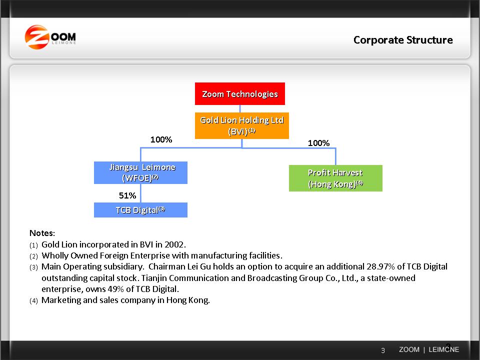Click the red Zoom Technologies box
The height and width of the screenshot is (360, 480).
(239, 93)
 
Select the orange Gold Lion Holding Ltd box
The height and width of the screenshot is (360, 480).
(242, 125)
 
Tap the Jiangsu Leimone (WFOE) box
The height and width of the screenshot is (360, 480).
(140, 172)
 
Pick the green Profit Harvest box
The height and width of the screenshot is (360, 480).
(335, 178)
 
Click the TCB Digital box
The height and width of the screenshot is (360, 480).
(140, 210)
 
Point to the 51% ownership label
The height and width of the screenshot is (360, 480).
(127, 195)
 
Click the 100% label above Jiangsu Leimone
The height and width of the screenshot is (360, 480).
(161, 139)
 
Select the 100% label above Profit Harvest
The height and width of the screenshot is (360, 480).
(318, 143)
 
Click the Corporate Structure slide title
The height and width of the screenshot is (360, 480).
(403, 40)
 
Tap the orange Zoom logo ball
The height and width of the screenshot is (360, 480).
(36, 37)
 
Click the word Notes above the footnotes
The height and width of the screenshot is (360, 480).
(41, 233)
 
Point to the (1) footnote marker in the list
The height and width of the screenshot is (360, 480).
(33, 245)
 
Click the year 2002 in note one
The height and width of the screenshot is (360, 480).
(174, 244)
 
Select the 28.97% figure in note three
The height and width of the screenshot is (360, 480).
(381, 266)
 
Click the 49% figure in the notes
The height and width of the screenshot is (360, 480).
(116, 289)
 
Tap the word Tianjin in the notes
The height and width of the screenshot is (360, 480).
(154, 278)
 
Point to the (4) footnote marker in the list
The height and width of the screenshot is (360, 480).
(33, 300)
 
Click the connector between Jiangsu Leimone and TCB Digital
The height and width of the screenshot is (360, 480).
(140, 193)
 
